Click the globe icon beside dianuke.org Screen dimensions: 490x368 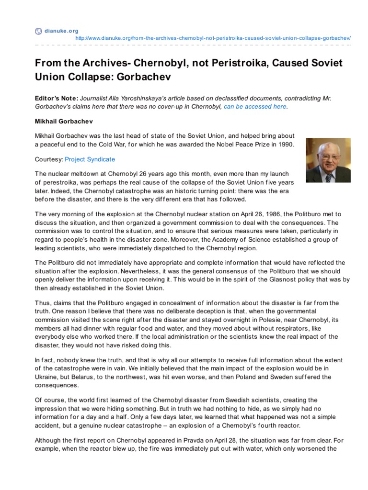(x=38, y=32)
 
